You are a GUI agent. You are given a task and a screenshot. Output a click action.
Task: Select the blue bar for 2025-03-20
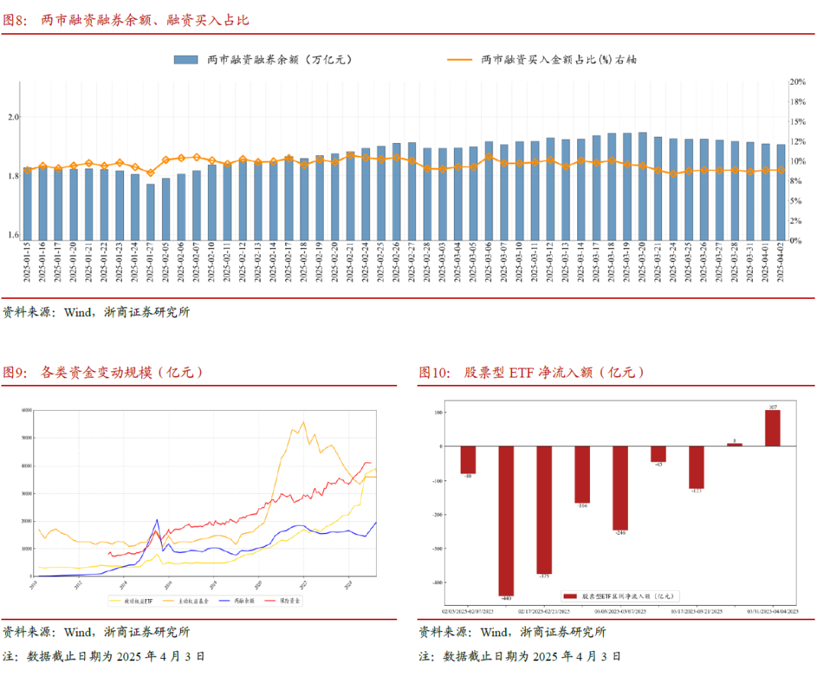[642, 186]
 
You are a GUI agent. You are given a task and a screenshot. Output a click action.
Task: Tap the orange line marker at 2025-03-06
[489, 157]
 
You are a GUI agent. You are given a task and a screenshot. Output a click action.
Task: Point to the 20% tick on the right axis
[798, 81]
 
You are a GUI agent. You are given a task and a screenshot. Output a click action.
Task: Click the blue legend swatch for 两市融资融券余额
[185, 59]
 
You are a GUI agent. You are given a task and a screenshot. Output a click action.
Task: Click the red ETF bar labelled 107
[772, 428]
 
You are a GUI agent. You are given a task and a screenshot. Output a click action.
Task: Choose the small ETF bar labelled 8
[735, 445]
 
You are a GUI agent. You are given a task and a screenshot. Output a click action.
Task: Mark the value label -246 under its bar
[620, 533]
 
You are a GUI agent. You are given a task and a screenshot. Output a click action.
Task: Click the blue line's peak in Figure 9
[157, 520]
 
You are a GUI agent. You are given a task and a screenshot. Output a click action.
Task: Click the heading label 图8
[15, 20]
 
